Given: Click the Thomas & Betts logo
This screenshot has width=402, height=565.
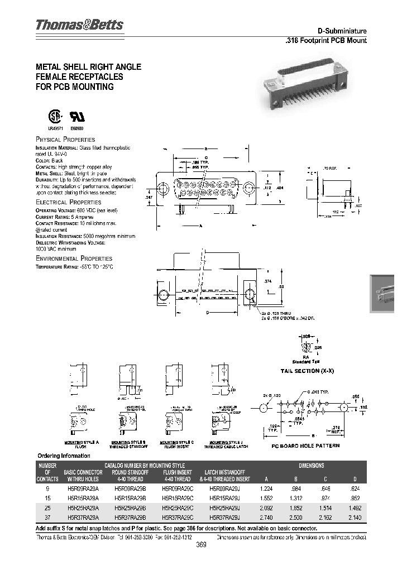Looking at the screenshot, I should (79, 25).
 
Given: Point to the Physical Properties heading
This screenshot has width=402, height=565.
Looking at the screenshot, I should (65, 139).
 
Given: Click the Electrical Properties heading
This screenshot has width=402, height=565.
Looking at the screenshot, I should (68, 202).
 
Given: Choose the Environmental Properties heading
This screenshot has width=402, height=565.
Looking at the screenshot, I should (74, 258).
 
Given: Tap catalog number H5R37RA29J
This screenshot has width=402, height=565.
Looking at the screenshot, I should (222, 518).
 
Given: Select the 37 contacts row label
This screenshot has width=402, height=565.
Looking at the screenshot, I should (47, 518).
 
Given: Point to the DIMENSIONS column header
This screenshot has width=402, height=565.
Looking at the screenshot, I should (311, 465).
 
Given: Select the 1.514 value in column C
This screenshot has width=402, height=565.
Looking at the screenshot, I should (328, 507).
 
